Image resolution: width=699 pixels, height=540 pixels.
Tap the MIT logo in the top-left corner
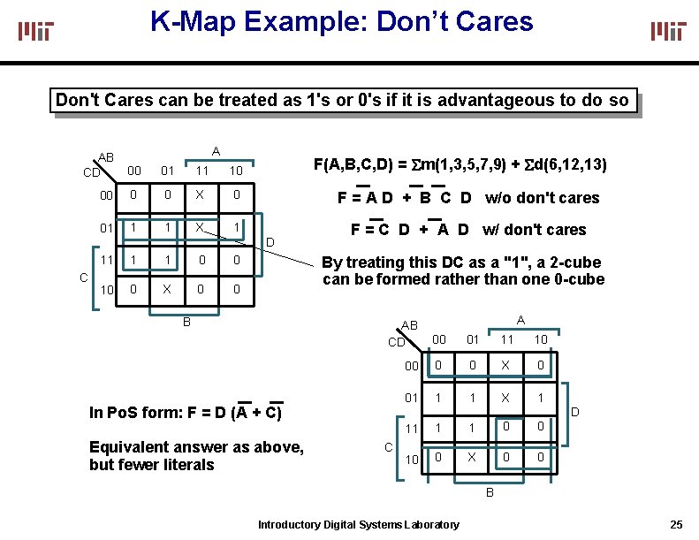pos(36,31)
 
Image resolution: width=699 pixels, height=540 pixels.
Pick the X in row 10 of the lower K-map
pos(472,458)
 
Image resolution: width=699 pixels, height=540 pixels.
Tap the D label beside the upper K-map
pos(270,242)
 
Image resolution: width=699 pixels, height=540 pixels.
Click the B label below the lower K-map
pos(490,492)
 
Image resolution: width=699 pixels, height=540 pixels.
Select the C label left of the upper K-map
pos(82,277)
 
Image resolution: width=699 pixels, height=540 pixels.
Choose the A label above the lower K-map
pos(520,320)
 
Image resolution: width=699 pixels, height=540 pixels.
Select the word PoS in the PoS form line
pos(122,412)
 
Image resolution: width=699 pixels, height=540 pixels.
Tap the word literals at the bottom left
pos(186,465)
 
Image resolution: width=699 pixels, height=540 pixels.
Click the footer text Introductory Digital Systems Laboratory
pos(358,525)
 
